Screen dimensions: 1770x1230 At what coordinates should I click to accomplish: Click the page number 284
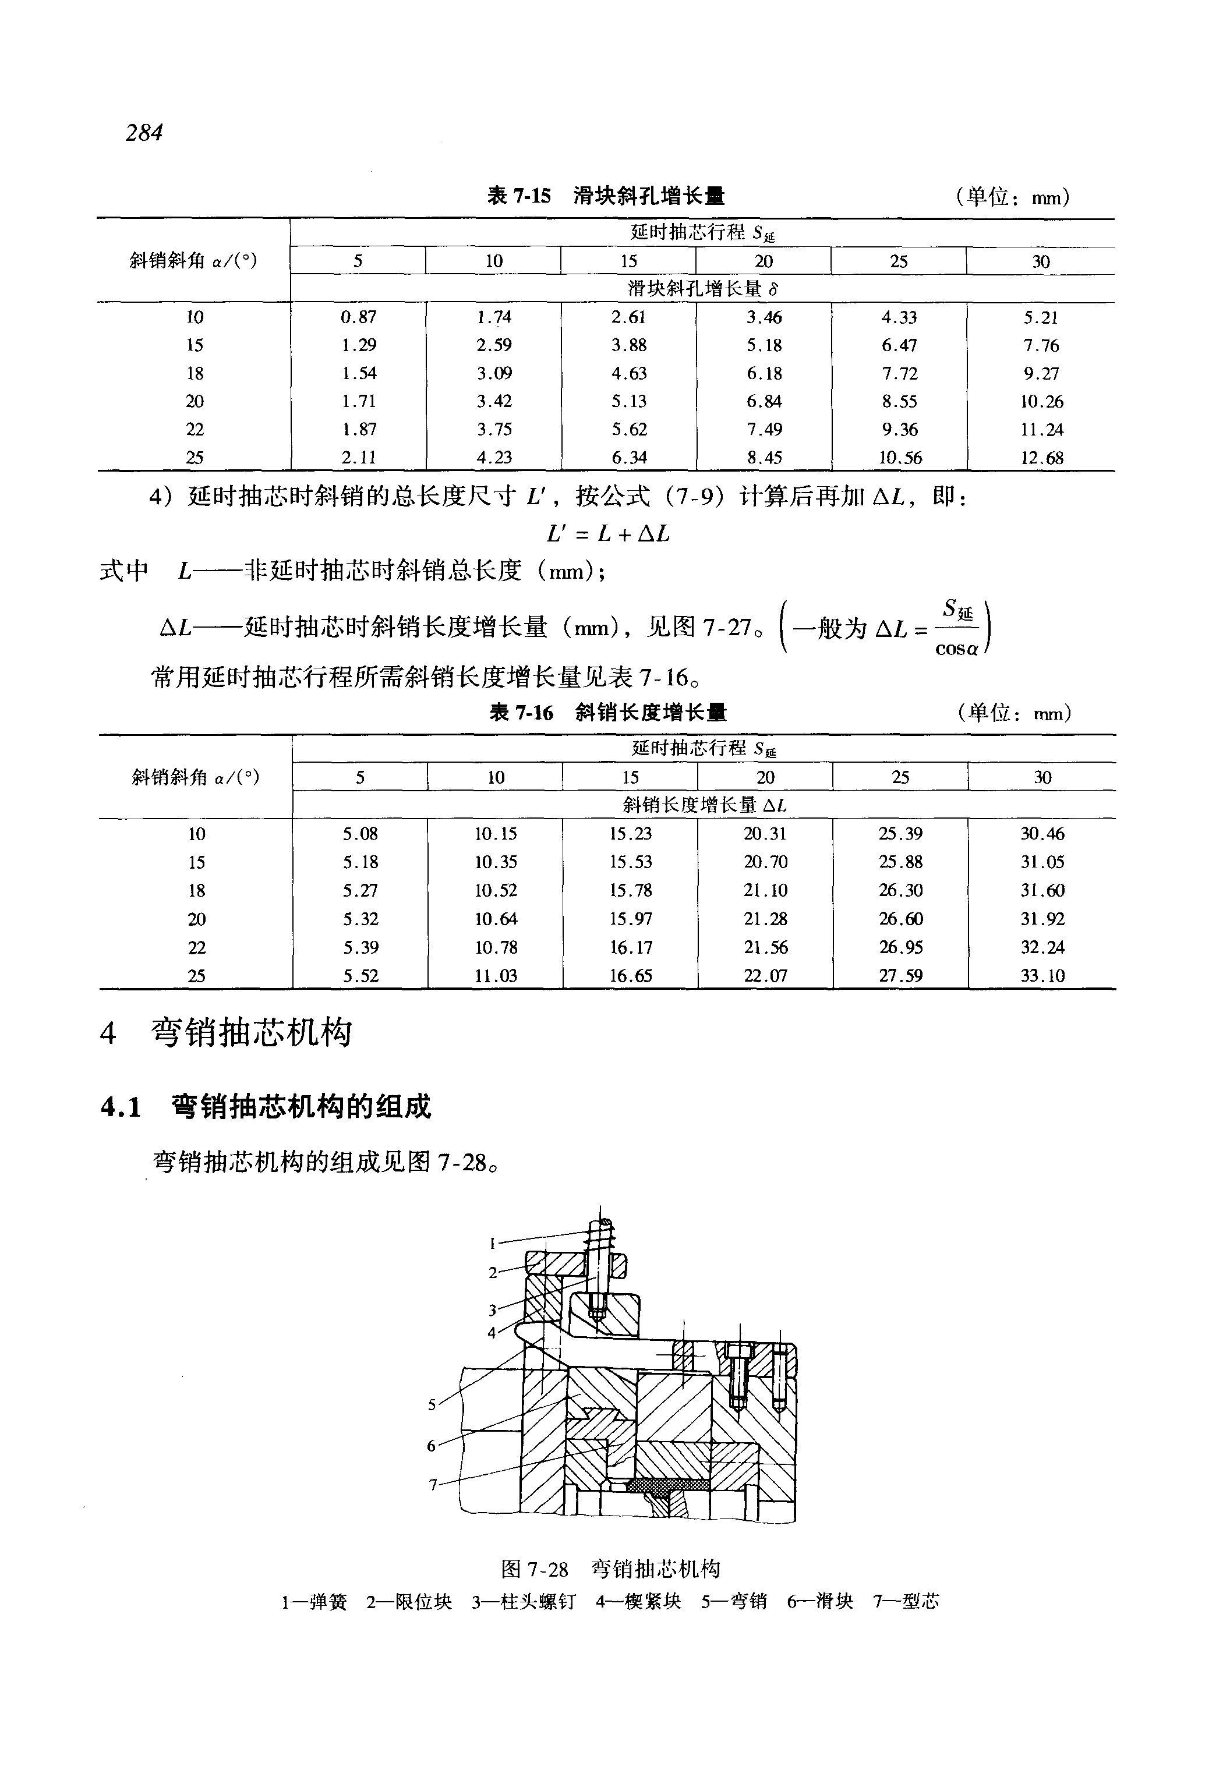tap(144, 133)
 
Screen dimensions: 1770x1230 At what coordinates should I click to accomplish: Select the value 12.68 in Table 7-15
tap(1042, 458)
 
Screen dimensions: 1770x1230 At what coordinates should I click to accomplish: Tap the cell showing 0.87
tap(358, 317)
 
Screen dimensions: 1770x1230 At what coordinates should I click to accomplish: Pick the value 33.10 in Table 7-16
tap(1042, 976)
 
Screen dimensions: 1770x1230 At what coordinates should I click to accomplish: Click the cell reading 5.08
tap(360, 834)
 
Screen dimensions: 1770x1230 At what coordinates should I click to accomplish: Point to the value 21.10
tap(765, 890)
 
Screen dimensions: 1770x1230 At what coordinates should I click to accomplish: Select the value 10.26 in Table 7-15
tap(1042, 402)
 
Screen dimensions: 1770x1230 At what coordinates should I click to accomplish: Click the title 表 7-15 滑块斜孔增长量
tap(606, 196)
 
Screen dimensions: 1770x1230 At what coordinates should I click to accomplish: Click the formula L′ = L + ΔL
tap(608, 533)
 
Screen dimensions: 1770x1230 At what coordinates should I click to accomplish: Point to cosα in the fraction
tap(956, 649)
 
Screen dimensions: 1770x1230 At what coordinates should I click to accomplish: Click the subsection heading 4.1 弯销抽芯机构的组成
tap(266, 1107)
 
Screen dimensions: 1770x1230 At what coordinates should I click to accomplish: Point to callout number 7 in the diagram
tap(433, 1484)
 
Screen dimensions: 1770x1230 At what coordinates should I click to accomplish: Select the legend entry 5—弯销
tap(734, 1602)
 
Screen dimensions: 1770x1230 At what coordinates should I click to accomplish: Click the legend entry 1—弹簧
tap(314, 1602)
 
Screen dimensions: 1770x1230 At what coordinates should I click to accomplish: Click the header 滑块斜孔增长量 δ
tap(703, 289)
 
